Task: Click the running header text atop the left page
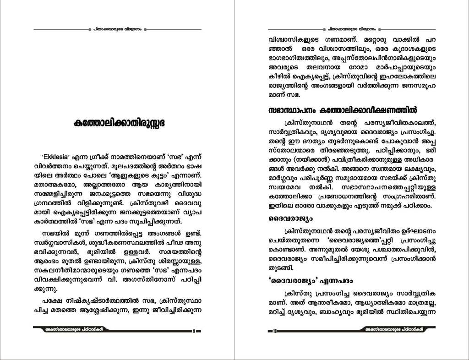tap(118, 29)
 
